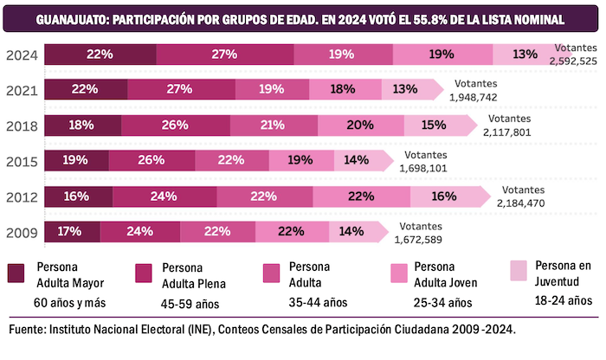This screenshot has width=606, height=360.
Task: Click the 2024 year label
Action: [21, 55]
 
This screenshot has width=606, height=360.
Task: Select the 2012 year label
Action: [21, 196]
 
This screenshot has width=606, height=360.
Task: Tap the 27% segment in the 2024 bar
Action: [224, 55]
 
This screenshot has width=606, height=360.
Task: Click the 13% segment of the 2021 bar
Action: [405, 89]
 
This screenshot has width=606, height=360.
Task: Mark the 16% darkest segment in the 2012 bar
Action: [77, 196]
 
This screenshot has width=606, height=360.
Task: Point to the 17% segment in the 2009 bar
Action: [71, 232]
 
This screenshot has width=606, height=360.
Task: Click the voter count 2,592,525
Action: [572, 61]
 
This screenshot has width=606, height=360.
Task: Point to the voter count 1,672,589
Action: [423, 240]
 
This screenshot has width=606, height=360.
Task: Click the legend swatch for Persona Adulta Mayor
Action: [16, 273]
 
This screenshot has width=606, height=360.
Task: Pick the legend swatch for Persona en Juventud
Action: [520, 271]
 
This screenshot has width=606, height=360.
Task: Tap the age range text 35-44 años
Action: [317, 303]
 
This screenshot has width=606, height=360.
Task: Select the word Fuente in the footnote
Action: [28, 331]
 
